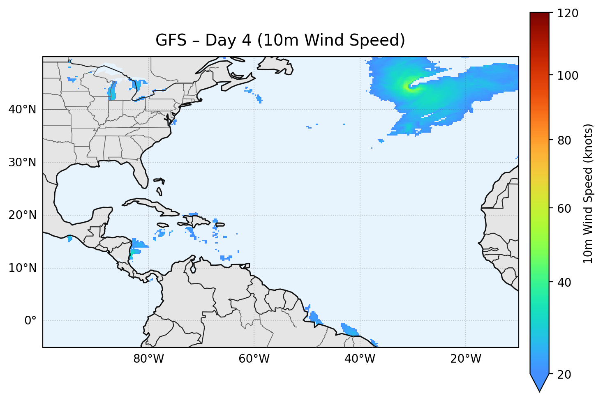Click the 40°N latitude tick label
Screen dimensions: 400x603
coord(22,110)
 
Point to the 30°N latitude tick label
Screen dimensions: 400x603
coord(22,163)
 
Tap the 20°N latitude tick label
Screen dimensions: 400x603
coord(22,215)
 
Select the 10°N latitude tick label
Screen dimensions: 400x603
coord(22,268)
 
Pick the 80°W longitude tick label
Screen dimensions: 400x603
coord(148,359)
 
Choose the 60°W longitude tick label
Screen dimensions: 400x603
coord(254,359)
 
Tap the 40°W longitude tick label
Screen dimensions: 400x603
coord(360,359)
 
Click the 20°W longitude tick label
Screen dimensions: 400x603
coord(465,359)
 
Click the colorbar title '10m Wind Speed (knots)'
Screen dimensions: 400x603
coord(588,193)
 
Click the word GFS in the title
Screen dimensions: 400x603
coord(169,40)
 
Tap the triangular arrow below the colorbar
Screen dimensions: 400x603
coord(539,382)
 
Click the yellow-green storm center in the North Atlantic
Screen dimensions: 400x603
coord(408,86)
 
